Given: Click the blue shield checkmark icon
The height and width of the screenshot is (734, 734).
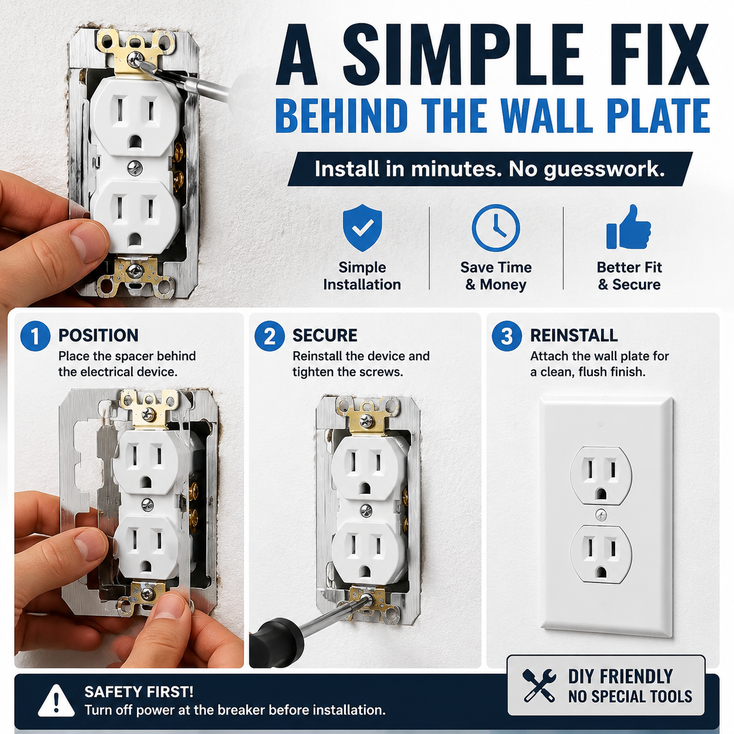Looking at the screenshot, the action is pyautogui.click(x=362, y=227).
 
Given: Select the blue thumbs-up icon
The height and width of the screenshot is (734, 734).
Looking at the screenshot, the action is pyautogui.click(x=629, y=227).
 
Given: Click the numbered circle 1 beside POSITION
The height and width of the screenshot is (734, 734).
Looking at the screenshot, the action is pyautogui.click(x=35, y=336).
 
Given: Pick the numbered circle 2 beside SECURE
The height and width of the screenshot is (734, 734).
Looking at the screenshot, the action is pyautogui.click(x=269, y=336).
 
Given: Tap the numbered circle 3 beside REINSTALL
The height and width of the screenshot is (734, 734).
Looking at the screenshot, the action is pyautogui.click(x=507, y=336).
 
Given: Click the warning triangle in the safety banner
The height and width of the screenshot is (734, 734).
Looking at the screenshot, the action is pyautogui.click(x=56, y=700).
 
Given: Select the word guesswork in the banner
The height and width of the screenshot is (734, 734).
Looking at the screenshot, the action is pyautogui.click(x=604, y=169).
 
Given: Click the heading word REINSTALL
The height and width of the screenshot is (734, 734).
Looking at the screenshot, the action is pyautogui.click(x=574, y=335).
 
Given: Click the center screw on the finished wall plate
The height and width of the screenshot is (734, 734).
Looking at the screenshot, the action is pyautogui.click(x=601, y=516).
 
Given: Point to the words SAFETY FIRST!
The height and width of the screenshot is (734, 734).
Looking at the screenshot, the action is pyautogui.click(x=139, y=692).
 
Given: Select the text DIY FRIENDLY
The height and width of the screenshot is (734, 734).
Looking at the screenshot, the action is pyautogui.click(x=620, y=677).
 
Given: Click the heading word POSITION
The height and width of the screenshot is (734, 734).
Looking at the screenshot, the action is pyautogui.click(x=98, y=335).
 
